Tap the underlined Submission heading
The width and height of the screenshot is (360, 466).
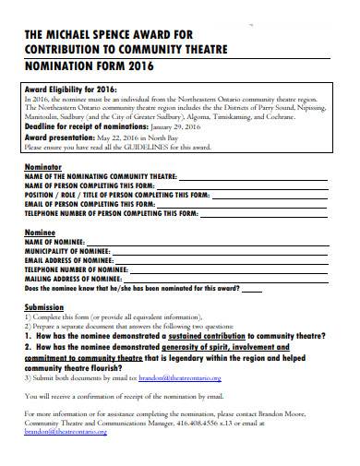pyautogui.click(x=43, y=306)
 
